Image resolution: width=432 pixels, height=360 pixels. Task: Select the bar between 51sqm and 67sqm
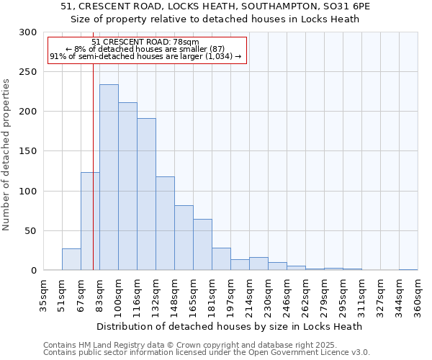click(71, 259)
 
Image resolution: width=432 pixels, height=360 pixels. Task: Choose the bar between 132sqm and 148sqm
click(165, 223)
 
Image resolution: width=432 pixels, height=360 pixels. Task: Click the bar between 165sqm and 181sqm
click(202, 244)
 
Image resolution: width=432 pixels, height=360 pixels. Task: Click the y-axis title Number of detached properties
click(6, 155)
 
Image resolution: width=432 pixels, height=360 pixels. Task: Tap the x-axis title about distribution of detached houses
click(229, 326)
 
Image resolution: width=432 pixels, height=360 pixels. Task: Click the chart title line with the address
click(215, 6)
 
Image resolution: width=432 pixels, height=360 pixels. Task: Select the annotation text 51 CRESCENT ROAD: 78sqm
click(146, 42)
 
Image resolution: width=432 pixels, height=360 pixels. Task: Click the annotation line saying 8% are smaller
click(146, 49)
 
